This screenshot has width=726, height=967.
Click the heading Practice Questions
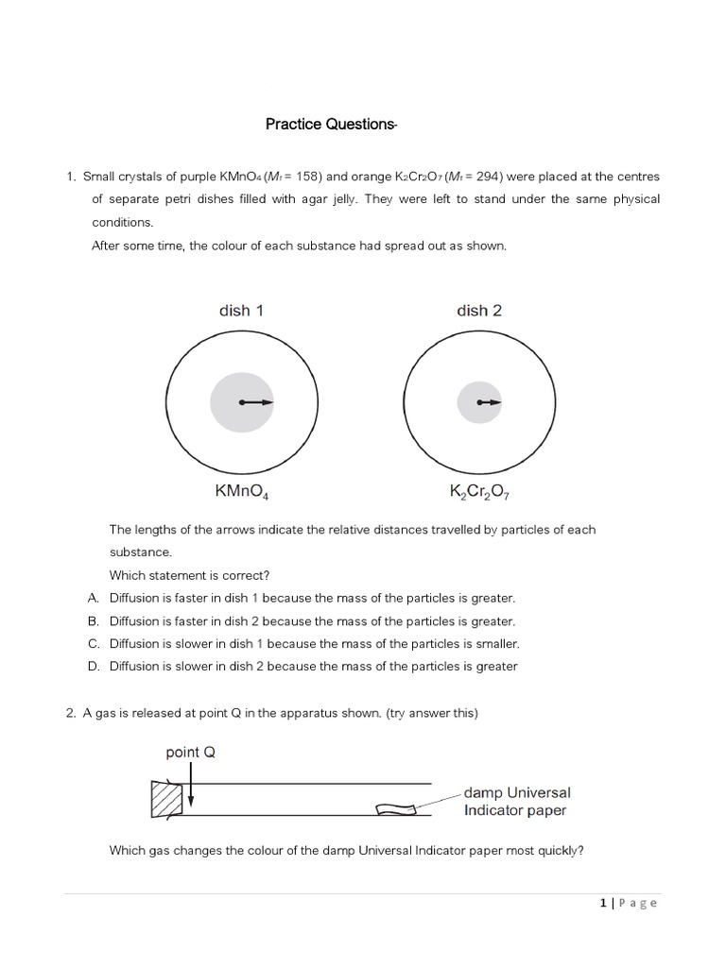330,124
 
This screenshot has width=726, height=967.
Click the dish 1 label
235,311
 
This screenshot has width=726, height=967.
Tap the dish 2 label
473,311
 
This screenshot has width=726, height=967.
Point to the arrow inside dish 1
257,402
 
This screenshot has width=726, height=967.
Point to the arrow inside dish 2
490,402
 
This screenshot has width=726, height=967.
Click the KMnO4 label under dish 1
243,491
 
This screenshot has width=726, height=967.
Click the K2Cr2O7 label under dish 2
479,491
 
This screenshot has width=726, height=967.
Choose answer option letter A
94,598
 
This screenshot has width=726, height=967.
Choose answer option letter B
94,620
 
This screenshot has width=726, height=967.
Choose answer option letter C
94,643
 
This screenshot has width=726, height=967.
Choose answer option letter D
94,666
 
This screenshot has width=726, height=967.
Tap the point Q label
196,753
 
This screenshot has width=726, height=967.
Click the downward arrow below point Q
190,788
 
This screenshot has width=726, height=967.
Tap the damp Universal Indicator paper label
517,802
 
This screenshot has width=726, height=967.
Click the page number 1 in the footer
603,903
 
